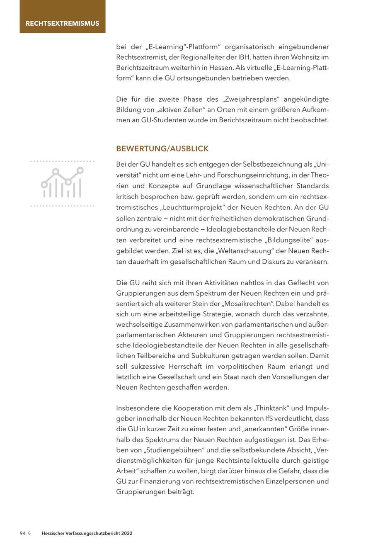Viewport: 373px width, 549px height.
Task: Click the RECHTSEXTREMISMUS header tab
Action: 62,23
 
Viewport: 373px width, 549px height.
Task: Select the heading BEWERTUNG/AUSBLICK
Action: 162,148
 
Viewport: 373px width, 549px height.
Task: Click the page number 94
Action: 23,534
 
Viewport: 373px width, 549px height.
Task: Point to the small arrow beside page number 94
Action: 30,534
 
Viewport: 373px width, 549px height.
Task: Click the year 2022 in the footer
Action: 127,534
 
